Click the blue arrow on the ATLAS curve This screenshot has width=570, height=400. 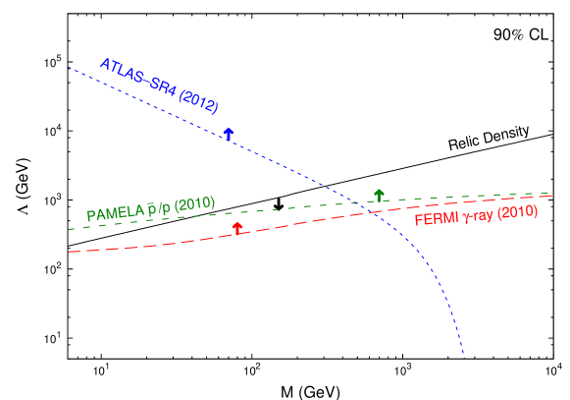point(228,133)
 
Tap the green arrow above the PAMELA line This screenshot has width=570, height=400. point(379,195)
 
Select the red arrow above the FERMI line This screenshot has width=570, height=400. point(236,228)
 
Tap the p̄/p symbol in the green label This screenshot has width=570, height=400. point(158,208)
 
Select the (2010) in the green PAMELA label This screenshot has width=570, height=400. point(194,204)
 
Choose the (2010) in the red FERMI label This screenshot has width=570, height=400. point(517,211)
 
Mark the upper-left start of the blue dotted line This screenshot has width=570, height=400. point(69,67)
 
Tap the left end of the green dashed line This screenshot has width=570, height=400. point(69,229)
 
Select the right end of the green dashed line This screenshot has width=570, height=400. point(555,194)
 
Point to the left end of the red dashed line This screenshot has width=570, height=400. point(69,252)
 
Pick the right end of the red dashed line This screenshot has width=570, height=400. point(555,196)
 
